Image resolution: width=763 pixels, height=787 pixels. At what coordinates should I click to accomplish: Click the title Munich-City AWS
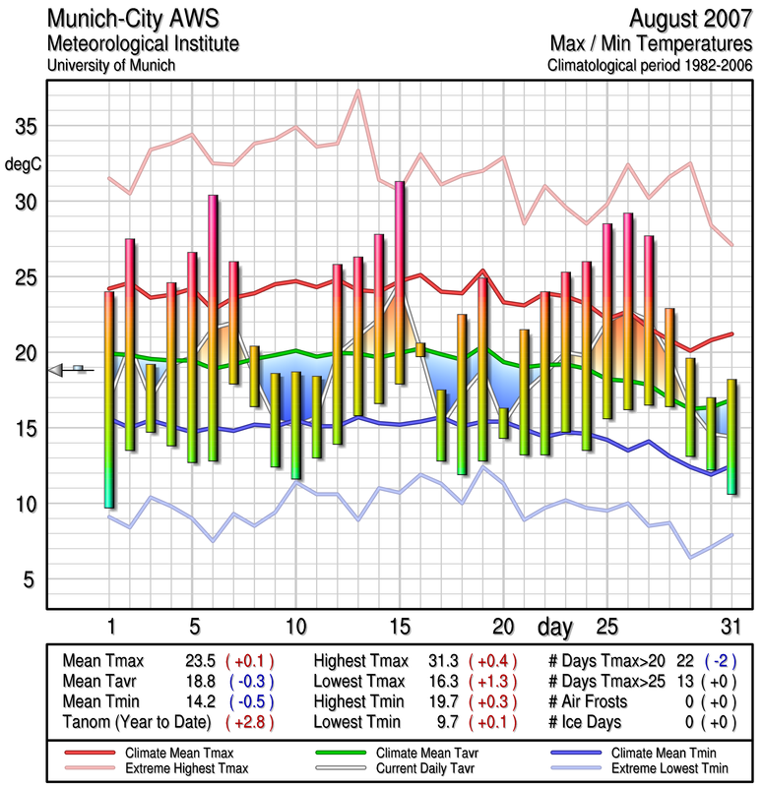129,20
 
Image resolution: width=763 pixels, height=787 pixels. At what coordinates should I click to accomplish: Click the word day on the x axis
557,627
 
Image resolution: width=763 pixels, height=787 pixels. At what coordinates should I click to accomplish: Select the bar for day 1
109,398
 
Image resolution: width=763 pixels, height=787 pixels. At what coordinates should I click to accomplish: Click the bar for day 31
731,436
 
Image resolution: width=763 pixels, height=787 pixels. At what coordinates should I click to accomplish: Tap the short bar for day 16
420,349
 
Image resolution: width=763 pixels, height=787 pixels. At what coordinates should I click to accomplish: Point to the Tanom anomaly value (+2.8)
250,722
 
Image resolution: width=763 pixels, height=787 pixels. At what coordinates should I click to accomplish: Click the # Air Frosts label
595,701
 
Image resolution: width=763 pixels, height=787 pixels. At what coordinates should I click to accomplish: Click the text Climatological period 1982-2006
650,65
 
